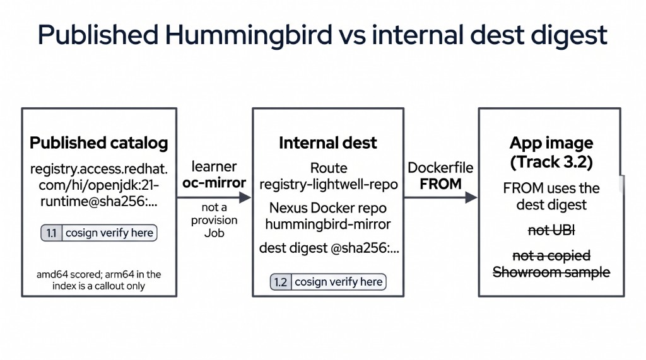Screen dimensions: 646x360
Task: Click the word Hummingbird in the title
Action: coord(249,35)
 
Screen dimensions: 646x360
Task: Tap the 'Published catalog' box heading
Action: coord(99,143)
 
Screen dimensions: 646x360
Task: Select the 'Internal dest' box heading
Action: coord(328,143)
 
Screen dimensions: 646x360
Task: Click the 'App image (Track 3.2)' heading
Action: coord(551,153)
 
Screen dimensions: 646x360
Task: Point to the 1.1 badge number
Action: coord(52,233)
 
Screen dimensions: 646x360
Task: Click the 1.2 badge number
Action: coord(281,282)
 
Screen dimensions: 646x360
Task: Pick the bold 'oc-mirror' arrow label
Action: coord(214,182)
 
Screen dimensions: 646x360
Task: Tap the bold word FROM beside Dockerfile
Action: coord(440,184)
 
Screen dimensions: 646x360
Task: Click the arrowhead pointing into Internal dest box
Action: coord(245,197)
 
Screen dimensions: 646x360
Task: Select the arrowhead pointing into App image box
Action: coord(471,198)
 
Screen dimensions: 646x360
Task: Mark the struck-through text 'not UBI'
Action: coord(551,230)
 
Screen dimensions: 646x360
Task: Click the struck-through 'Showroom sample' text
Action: coord(551,272)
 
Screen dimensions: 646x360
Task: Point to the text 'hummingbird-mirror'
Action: coord(328,224)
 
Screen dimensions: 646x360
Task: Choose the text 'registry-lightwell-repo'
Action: coord(328,185)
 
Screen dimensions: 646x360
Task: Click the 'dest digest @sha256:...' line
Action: coord(329,248)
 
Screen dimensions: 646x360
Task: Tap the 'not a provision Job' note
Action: coord(214,220)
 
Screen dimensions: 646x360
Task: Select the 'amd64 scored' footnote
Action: coord(99,280)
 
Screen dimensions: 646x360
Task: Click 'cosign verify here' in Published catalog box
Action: coord(110,233)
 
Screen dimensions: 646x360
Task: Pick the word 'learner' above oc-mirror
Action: coord(214,167)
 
